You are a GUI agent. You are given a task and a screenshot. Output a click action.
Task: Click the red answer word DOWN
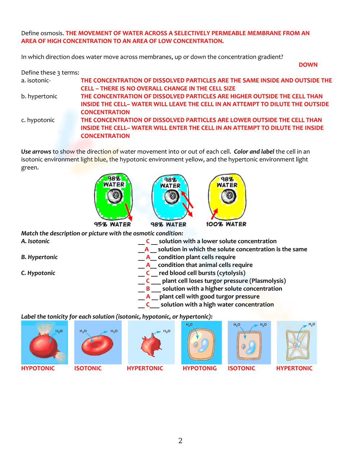308,65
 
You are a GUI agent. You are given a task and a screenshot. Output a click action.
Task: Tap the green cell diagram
108,207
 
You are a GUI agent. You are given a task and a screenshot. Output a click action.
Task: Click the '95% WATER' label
112,224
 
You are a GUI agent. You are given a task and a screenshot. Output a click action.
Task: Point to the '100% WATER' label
226,224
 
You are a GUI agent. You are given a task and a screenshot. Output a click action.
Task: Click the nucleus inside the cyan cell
172,197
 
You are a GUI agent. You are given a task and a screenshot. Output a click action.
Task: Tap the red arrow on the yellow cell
215,214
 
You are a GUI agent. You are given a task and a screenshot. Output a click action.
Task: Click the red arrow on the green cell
128,212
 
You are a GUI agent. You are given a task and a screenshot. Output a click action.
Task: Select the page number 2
180,441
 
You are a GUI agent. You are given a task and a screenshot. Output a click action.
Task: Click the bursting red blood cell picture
44,343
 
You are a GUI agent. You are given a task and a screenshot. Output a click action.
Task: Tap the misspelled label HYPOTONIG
199,368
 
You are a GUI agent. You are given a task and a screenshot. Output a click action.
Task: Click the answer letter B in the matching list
148,289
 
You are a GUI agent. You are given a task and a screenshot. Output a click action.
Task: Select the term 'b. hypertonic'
39,97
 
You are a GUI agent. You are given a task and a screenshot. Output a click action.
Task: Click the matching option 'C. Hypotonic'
38,273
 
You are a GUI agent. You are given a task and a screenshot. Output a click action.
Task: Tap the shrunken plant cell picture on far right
297,343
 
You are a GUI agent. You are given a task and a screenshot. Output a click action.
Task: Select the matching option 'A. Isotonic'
35,241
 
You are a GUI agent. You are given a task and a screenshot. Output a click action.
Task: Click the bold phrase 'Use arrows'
36,152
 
